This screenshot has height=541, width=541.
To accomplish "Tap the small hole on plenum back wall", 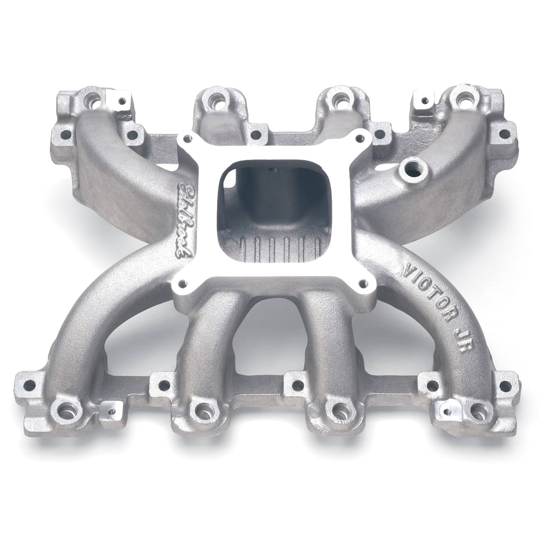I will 274,170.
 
